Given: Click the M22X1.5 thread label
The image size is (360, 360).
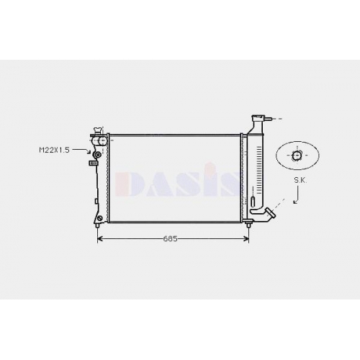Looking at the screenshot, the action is click(54, 150).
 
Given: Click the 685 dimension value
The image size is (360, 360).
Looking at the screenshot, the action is click(170, 239).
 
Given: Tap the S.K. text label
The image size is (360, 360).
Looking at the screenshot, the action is click(300, 181).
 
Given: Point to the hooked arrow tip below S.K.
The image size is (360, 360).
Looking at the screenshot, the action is click(294, 203).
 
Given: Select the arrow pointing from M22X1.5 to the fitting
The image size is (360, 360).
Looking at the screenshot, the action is click(81, 150).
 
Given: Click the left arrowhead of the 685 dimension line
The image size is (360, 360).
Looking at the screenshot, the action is click(100, 239).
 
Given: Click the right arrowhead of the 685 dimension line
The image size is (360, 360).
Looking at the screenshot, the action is click(246, 239).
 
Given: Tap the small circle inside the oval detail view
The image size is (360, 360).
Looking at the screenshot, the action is click(297, 156).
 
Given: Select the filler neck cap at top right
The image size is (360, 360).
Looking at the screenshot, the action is click(258, 118).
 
